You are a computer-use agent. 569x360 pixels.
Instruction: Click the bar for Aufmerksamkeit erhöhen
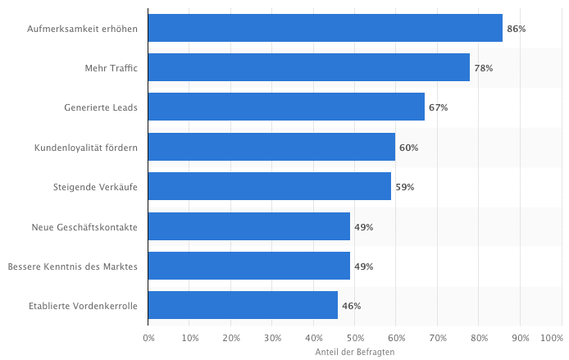325,28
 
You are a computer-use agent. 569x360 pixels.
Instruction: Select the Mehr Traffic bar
308,67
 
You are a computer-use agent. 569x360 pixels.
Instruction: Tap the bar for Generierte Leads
286,107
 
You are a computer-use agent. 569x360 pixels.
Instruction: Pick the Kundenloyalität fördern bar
271,147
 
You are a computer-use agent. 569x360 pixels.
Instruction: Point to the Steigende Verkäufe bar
270,186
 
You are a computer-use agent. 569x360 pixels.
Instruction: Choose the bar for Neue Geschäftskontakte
249,226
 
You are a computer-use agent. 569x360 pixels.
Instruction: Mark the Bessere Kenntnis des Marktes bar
249,266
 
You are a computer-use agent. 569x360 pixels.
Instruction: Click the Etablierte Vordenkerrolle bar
243,305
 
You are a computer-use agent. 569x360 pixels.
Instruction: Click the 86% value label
516,29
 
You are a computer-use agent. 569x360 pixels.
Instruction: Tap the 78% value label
483,68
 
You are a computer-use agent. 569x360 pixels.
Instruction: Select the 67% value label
438,107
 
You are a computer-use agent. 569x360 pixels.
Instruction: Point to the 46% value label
351,306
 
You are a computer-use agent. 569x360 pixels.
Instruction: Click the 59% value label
404,187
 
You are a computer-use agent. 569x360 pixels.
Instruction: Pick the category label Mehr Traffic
111,68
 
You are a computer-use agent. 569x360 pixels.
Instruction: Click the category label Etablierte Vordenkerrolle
83,306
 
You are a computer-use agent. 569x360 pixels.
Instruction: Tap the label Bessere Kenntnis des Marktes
72,267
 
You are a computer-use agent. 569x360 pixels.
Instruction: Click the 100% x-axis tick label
551,338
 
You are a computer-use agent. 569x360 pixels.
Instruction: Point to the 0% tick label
148,338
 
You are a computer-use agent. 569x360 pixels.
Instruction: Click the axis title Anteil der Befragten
355,351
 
